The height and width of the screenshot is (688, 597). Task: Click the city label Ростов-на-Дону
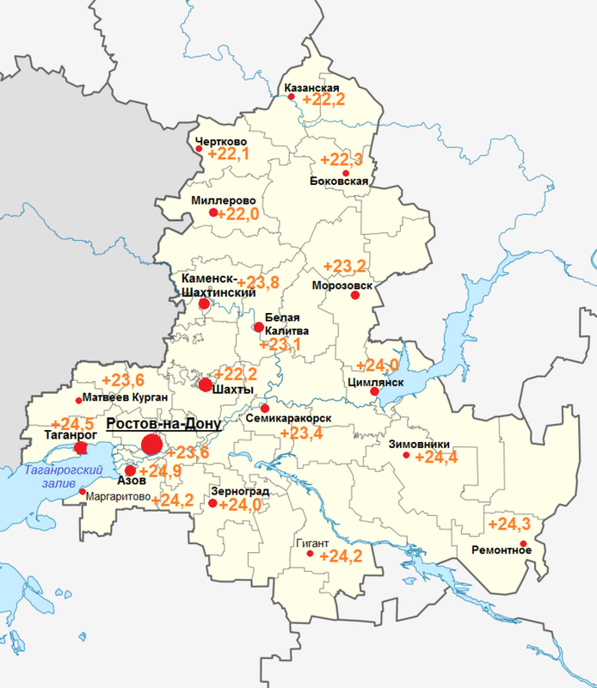[163, 425]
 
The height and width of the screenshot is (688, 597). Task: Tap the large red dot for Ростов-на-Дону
[151, 445]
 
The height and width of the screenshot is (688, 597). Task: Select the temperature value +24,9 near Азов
[164, 470]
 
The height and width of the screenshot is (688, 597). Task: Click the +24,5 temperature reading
[72, 424]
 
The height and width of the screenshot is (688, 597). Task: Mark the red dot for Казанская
[291, 97]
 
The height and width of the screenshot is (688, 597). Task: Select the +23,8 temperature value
[257, 283]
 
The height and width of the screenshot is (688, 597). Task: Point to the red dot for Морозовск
[354, 296]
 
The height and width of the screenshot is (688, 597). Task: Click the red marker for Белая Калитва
[258, 327]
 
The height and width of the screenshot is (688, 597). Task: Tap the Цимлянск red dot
[374, 391]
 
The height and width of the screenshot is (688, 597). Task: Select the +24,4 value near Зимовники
[435, 457]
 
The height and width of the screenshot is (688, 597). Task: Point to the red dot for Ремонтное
[524, 543]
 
